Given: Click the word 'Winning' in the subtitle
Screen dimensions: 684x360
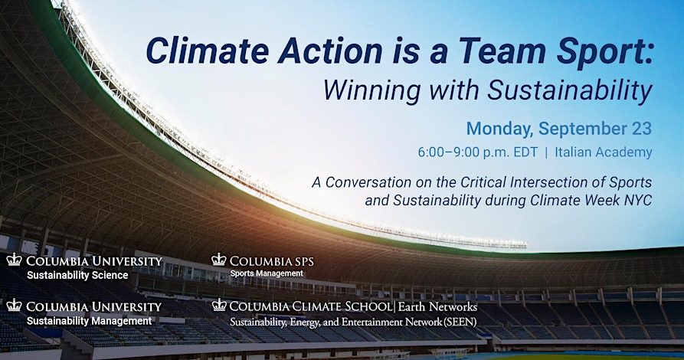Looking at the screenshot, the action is pos(372,90).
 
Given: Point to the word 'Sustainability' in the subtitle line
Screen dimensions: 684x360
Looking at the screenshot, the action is pos(570,90).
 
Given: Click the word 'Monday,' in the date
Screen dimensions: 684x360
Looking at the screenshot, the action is pos(499,129).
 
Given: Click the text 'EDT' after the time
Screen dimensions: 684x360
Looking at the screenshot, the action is pos(514,152).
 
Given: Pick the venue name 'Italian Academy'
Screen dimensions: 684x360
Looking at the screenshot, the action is pos(604,152).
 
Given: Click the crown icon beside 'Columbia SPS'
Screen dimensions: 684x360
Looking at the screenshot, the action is pos(218,260).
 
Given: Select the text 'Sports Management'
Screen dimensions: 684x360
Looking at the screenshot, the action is pos(267,273).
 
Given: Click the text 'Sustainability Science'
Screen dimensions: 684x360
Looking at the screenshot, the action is pos(77,275).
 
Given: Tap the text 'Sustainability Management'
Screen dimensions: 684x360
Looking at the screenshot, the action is pos(90,321).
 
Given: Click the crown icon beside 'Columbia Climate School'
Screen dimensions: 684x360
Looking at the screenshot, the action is pos(219,305).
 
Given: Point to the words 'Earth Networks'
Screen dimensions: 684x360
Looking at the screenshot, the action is pos(437,306).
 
